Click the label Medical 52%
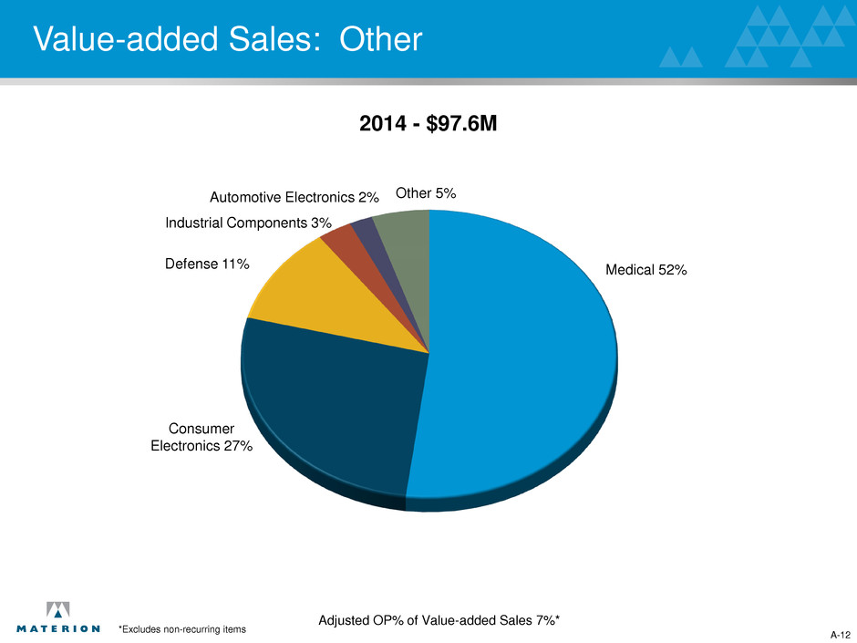click(x=645, y=270)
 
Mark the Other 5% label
click(x=426, y=193)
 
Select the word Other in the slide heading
click(x=384, y=39)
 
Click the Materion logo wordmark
click(x=58, y=627)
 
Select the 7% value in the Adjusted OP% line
click(x=545, y=620)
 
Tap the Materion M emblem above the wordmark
click(x=58, y=609)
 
